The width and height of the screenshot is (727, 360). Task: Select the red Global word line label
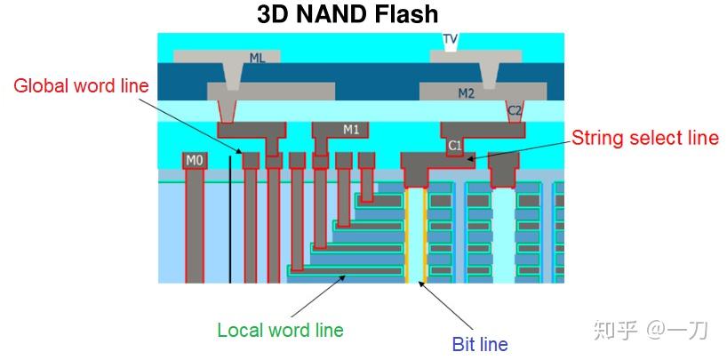click(81, 86)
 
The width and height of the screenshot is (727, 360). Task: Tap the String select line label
click(644, 138)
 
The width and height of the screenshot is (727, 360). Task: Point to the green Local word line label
click(280, 330)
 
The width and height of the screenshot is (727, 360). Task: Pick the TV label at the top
click(451, 39)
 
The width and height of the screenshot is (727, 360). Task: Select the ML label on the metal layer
click(257, 58)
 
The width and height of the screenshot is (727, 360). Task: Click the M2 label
click(466, 92)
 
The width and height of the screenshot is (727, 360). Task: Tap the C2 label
click(514, 110)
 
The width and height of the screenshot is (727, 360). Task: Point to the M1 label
click(351, 130)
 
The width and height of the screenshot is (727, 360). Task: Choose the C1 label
click(454, 145)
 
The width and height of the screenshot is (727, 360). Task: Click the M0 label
click(194, 161)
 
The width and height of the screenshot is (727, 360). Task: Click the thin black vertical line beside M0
click(229, 218)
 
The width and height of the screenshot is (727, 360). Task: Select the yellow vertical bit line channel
click(408, 236)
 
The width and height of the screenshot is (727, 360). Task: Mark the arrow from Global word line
click(195, 124)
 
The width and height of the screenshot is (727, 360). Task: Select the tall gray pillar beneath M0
click(194, 227)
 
